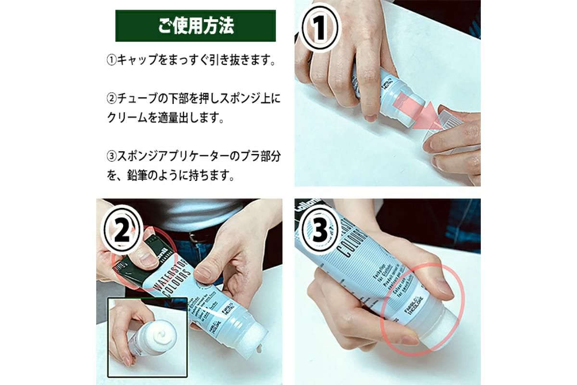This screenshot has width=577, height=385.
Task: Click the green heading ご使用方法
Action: [x=196, y=26]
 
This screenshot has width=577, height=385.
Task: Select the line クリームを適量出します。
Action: [x=165, y=118]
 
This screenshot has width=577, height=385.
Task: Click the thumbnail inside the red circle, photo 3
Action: [x=441, y=287]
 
